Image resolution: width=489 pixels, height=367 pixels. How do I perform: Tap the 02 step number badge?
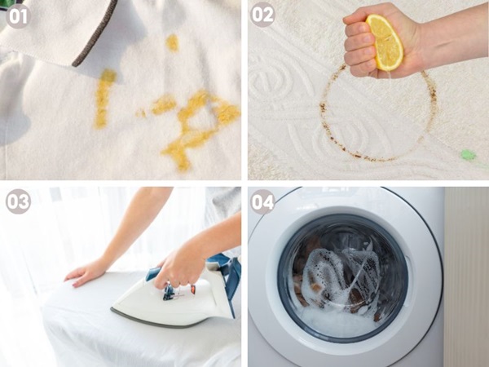tap(262, 15)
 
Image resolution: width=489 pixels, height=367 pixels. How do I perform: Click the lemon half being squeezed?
tap(385, 42)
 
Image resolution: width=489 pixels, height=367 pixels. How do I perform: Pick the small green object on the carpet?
tap(468, 153)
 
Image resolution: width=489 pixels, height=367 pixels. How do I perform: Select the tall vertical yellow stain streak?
tap(104, 97)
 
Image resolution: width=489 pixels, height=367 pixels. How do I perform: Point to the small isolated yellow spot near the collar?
tap(173, 42)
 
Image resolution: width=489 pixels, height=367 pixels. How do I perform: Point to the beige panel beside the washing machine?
tap(466, 277)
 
